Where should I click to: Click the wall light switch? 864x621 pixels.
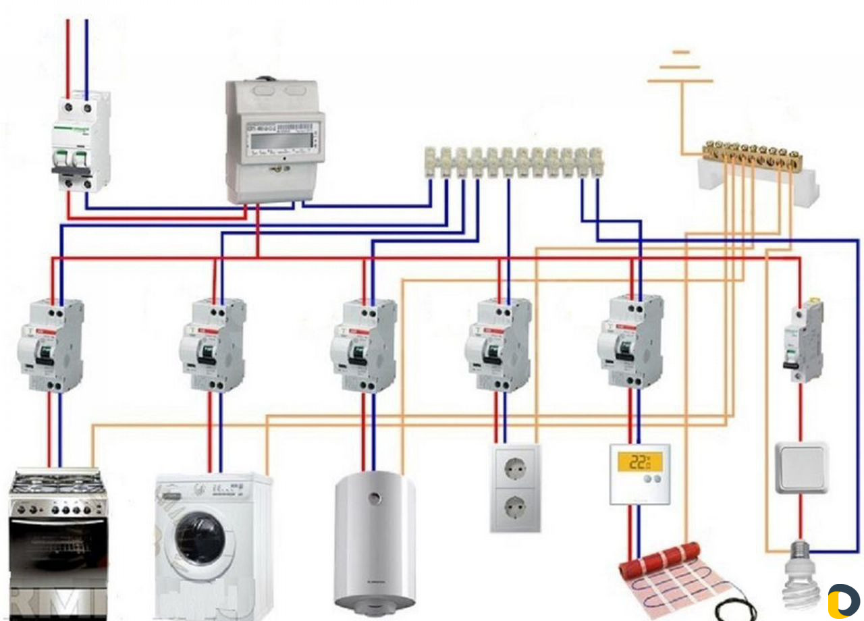[x=801, y=468]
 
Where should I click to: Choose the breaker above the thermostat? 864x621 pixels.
[x=630, y=342]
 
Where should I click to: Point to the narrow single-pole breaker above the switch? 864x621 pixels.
[x=803, y=341]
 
